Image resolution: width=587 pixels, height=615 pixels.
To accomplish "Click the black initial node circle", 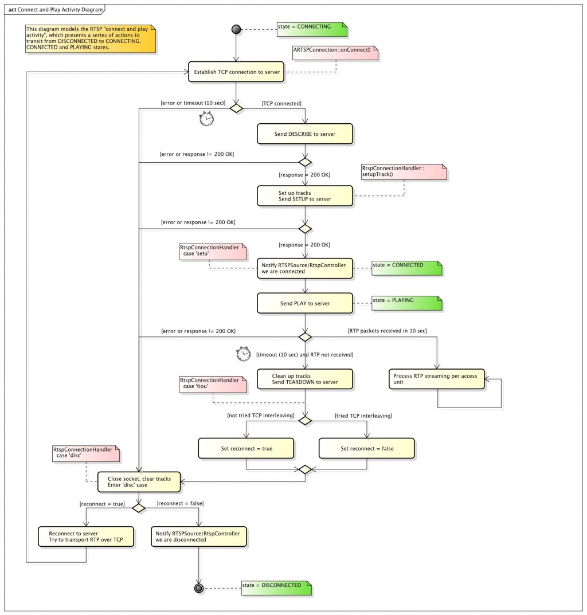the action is tap(236, 29).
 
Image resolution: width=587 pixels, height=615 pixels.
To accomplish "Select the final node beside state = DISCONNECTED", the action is tap(199, 588).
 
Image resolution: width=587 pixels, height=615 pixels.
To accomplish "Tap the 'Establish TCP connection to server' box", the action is tap(236, 72).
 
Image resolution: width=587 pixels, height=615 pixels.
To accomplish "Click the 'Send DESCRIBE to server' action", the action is tap(305, 134).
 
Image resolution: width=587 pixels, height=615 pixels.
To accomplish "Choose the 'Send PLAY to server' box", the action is tap(305, 303).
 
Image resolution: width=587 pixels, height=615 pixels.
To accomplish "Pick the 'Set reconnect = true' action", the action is tap(246, 448).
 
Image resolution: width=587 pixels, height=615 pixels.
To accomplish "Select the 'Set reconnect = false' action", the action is tap(367, 448).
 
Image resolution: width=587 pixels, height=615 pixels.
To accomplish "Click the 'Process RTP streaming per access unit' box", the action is tap(437, 379).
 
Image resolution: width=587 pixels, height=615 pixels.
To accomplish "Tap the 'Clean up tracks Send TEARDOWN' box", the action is tap(305, 379).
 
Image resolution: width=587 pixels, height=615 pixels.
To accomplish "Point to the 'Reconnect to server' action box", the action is tap(86, 536).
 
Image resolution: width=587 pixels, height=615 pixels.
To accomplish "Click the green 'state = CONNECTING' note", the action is tap(312, 29).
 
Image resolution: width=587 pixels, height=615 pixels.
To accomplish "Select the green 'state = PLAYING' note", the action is tap(407, 303).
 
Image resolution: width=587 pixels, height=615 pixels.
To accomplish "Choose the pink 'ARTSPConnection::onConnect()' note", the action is tap(335, 53).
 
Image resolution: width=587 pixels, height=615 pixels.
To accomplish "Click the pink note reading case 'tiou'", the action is tap(213, 385).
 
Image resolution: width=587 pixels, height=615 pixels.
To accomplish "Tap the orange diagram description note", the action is tap(91, 38).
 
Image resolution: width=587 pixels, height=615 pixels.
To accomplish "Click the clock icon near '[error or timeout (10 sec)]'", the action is tap(206, 119).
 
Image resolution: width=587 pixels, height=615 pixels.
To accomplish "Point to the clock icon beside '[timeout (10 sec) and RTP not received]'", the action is tap(243, 354).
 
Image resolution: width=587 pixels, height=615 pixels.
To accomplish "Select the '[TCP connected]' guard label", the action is tap(281, 104).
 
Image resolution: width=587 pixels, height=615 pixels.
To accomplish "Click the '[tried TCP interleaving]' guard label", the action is tap(363, 416).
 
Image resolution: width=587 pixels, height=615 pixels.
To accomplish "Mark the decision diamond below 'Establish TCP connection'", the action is tap(236, 108).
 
